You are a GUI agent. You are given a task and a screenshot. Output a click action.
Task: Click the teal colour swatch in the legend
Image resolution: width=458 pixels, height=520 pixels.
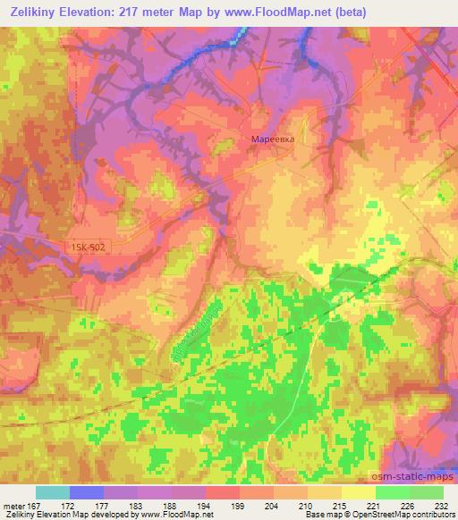click(53, 492)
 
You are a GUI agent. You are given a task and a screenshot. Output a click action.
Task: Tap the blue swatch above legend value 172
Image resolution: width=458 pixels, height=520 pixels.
click(87, 492)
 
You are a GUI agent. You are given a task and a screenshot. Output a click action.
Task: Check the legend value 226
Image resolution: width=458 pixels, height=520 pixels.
click(407, 506)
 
